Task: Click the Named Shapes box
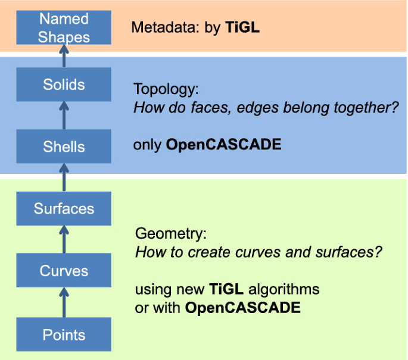[x=64, y=28]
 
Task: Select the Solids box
[x=64, y=84]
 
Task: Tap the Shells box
[x=64, y=146]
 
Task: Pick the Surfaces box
[x=64, y=209]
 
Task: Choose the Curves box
[x=64, y=271]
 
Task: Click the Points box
[x=64, y=334]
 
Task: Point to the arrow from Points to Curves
[x=64, y=303]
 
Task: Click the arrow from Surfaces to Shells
[x=64, y=178]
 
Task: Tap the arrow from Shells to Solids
[x=64, y=115]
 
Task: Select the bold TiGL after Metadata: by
[x=242, y=27]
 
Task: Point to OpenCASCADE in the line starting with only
[x=223, y=144]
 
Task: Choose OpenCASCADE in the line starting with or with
[x=243, y=308]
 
